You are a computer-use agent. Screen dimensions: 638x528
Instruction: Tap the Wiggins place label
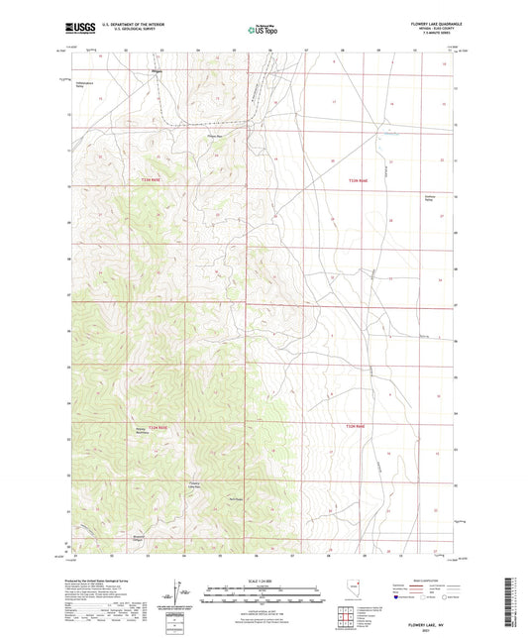pos(157,72)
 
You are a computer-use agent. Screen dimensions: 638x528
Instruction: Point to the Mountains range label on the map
pos(141,430)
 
